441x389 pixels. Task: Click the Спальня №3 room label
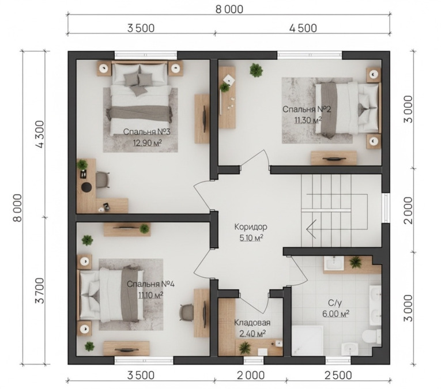146,131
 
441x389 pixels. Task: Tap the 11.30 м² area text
308,120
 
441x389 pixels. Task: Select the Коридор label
251,226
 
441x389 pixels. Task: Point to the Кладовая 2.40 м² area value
252,334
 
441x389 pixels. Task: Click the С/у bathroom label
335,303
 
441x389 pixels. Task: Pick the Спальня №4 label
150,284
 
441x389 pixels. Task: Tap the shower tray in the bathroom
308,341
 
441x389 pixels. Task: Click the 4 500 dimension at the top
303,28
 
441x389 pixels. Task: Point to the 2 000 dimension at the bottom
251,375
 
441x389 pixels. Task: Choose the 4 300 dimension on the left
40,134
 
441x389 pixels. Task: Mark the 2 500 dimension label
338,375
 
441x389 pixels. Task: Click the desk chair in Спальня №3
103,179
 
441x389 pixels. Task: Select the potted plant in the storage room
245,348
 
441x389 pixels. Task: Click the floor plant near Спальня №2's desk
256,70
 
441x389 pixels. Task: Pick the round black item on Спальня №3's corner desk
86,187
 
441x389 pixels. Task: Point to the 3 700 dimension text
40,290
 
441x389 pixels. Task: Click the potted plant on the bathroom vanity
356,262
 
